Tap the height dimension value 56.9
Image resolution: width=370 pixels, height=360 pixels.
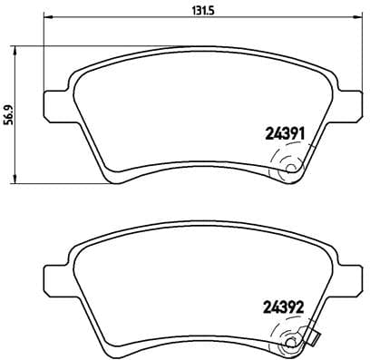pyautogui.click(x=10, y=115)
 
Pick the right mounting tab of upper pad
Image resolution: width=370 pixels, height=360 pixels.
pyautogui.click(x=348, y=98)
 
